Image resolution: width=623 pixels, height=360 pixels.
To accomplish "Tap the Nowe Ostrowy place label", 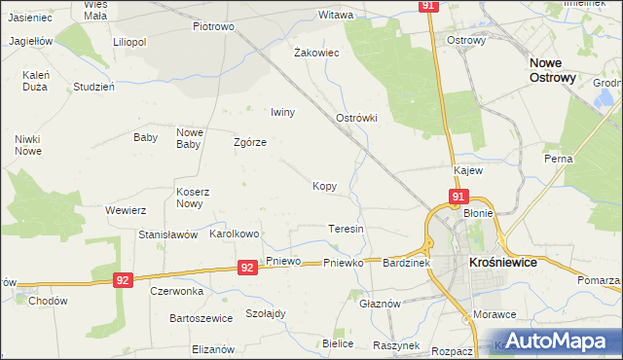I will pyautogui.click(x=553, y=69).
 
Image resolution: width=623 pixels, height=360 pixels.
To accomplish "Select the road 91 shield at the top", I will pyautogui.click(x=429, y=6).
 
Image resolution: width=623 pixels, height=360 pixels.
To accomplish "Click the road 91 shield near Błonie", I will pyautogui.click(x=457, y=198).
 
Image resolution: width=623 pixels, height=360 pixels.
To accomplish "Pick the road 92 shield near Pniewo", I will pyautogui.click(x=247, y=267).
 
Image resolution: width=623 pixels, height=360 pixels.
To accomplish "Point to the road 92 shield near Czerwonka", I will pyautogui.click(x=122, y=279).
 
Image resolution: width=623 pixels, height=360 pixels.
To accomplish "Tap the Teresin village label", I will pyautogui.click(x=346, y=229).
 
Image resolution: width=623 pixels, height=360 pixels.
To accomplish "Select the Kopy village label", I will pyautogui.click(x=325, y=185).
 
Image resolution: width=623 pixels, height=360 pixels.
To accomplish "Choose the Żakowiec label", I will pyautogui.click(x=316, y=53).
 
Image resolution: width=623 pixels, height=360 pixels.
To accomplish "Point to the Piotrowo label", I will pyautogui.click(x=214, y=26).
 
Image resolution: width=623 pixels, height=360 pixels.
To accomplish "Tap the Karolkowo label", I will pyautogui.click(x=235, y=234).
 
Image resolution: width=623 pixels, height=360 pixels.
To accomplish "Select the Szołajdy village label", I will pyautogui.click(x=265, y=313).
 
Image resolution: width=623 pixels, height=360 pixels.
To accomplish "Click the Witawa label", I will pyautogui.click(x=336, y=15).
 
